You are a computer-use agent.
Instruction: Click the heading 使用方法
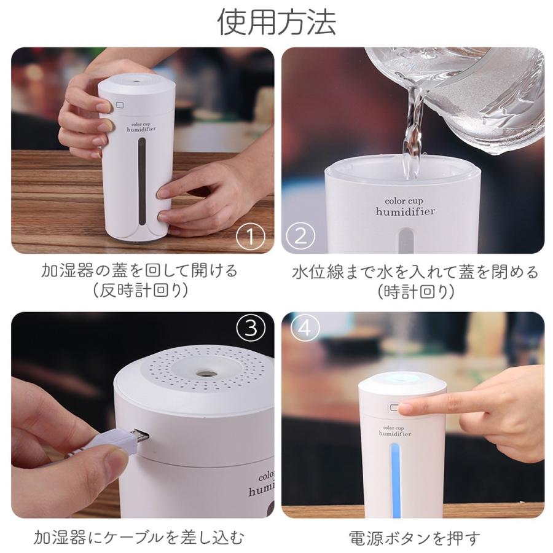[x=276, y=22]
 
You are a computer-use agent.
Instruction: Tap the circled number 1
[x=251, y=237]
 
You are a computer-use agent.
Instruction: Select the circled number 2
[x=300, y=237]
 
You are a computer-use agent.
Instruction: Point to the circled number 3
[x=251, y=328]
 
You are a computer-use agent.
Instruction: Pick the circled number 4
[x=305, y=328]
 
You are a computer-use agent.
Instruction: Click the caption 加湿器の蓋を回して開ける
[x=139, y=271]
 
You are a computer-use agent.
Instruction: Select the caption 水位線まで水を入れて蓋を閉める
[x=415, y=272]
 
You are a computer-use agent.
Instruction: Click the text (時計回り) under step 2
[x=416, y=292]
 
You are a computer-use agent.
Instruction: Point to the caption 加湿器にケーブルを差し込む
[x=139, y=538]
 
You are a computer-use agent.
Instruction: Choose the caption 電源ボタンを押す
[x=415, y=538]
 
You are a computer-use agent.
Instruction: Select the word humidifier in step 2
[x=405, y=211]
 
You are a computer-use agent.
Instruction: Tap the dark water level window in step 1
[x=142, y=181]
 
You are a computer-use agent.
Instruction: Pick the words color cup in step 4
[x=394, y=428]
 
